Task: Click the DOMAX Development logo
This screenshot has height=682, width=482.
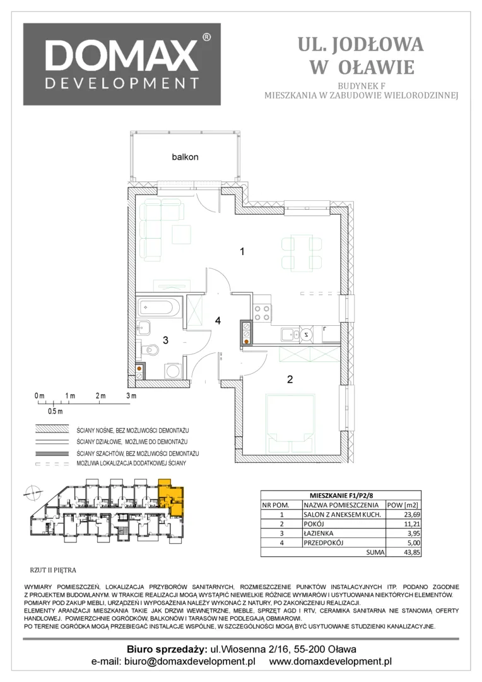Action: (122, 64)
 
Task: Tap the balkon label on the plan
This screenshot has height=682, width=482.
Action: (185, 157)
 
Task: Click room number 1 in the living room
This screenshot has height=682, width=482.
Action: (242, 251)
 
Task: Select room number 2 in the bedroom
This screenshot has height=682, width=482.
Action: (290, 380)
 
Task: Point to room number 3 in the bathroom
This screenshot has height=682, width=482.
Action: (165, 340)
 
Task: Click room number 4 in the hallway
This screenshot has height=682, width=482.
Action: (218, 321)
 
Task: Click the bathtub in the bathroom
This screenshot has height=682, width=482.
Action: (158, 307)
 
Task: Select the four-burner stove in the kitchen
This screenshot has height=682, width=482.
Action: (262, 312)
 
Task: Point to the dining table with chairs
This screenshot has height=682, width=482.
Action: (302, 253)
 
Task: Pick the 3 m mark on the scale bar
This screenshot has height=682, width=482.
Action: (131, 396)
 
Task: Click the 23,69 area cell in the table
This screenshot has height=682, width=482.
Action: (411, 514)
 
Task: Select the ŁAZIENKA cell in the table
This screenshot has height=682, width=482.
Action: (319, 533)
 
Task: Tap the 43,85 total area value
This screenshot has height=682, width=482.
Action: (411, 553)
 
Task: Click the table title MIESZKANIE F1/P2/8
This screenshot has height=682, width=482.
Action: (341, 496)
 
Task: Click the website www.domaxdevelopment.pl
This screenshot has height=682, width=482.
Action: (331, 662)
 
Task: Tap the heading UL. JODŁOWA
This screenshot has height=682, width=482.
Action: (360, 45)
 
